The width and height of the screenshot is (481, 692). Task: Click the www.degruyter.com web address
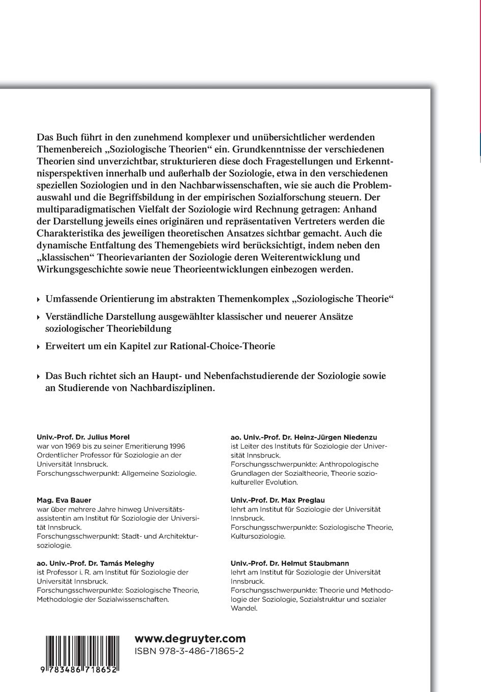tap(190, 639)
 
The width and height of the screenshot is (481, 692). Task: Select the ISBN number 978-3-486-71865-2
tap(189, 652)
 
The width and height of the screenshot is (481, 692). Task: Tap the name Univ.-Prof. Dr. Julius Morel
tap(83, 437)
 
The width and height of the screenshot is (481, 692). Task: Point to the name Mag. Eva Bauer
tap(57, 500)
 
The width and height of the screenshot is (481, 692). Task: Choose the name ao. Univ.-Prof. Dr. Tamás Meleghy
tap(95, 563)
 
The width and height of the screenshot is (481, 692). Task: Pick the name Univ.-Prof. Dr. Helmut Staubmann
tap(290, 563)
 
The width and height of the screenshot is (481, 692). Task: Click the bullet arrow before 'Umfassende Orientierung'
tap(40, 299)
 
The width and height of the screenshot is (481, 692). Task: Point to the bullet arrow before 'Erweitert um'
tap(40, 347)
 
